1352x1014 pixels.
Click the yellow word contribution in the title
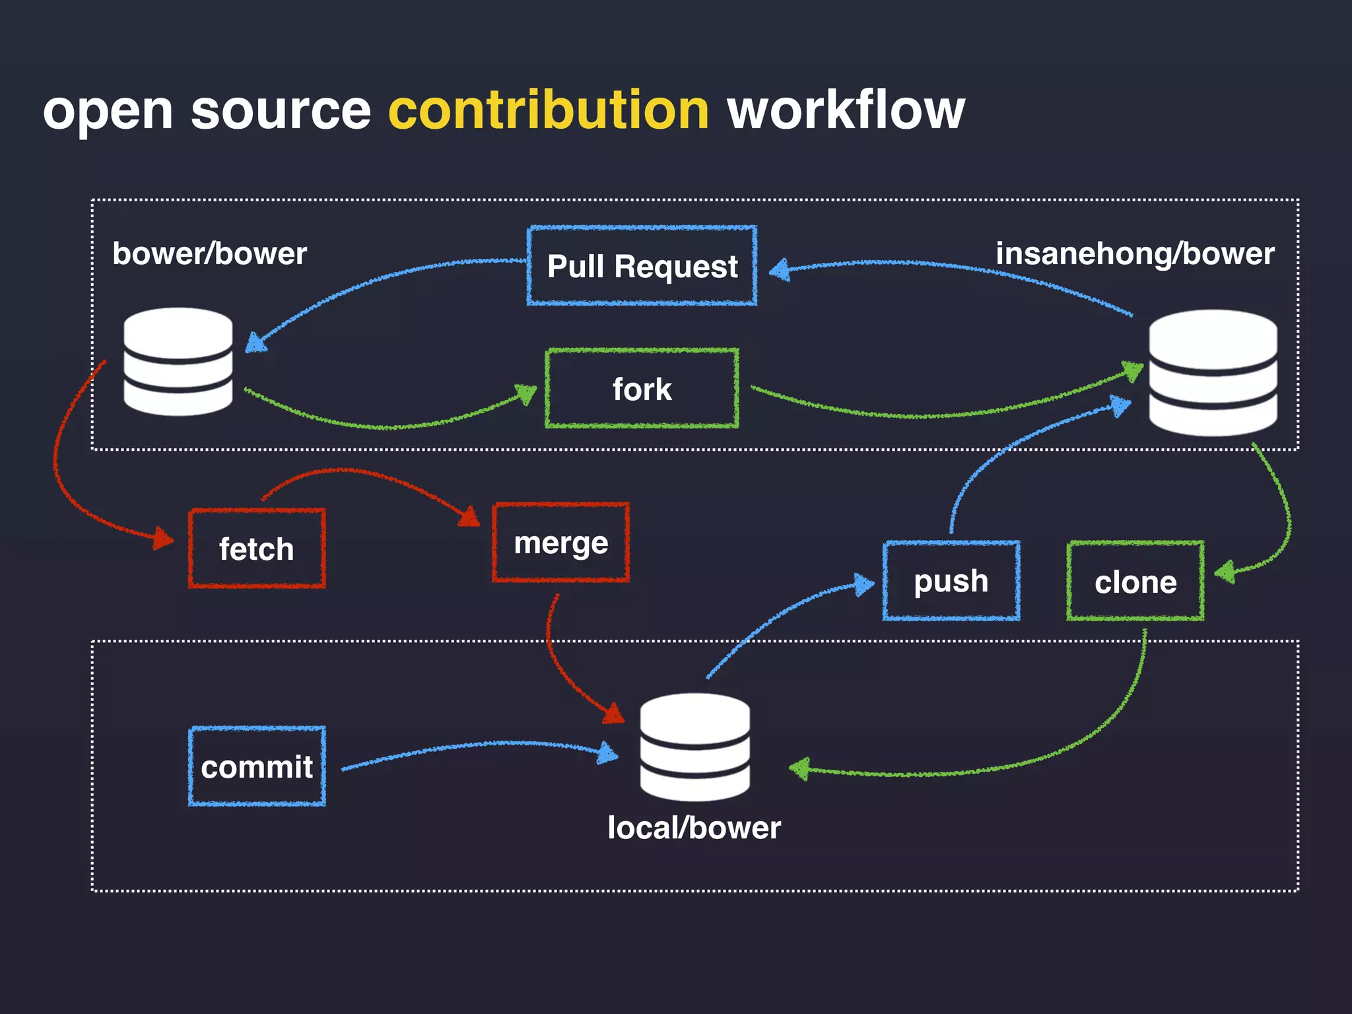549,110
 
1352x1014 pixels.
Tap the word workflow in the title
846,110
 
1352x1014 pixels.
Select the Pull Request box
642,266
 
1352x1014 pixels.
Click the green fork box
642,389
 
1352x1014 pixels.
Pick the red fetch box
257,549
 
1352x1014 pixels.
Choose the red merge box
560,543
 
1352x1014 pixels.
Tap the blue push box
951,581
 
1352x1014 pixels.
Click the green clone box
1135,582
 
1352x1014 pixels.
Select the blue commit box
257,766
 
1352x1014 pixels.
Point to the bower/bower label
209,254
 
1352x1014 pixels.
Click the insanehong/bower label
1135,254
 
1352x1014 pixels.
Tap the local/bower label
694,828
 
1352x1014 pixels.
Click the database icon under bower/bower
178,362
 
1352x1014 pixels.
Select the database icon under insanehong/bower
1213,373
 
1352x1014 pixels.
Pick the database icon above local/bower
694,747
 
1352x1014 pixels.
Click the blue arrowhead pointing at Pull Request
780,269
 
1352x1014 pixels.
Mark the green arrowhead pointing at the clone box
1225,572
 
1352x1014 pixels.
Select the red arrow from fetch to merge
356,471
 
